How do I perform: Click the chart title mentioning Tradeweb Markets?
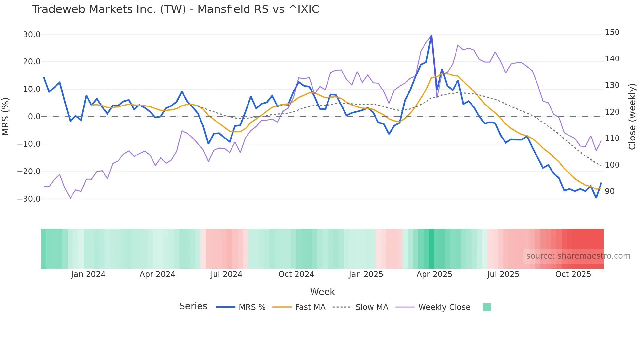coord(175,9)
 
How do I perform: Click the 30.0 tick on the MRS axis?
coord(32,35)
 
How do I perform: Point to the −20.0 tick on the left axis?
coord(29,172)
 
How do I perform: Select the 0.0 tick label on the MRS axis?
coord(34,117)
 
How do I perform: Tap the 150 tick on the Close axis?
coord(612,32)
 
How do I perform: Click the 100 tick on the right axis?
coord(612,165)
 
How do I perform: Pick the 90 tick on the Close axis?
coord(610,191)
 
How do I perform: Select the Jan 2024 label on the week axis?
coord(88,274)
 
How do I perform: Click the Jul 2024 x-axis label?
coord(226,274)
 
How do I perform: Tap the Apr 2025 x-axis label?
coord(434,274)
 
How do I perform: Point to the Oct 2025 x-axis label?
coord(573,274)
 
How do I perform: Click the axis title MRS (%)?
coord(5,116)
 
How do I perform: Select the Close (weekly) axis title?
coord(632,116)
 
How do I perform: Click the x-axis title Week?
coord(322,292)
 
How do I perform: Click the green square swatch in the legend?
coord(487,307)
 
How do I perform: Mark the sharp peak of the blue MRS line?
coord(431,36)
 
